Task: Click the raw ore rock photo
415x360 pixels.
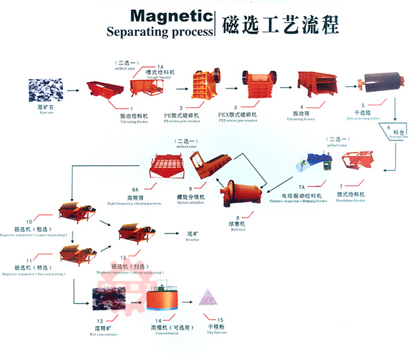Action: pyautogui.click(x=44, y=91)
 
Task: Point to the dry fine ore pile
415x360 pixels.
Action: pyautogui.click(x=207, y=299)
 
